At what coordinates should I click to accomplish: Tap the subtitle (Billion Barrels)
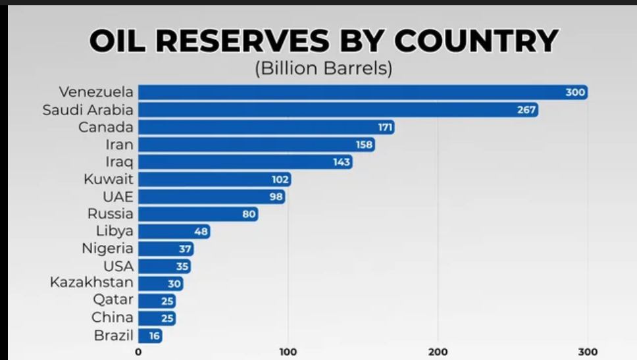323,68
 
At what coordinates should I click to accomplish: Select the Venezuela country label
96,92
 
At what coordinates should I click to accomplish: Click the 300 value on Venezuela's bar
575,93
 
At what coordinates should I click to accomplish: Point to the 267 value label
526,110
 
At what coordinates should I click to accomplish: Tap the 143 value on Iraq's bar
342,162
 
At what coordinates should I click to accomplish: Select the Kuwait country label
109,179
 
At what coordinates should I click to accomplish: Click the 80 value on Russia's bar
249,214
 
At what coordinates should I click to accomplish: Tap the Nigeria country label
107,249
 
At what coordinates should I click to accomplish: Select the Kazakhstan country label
91,283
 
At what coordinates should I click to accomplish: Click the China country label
113,318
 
